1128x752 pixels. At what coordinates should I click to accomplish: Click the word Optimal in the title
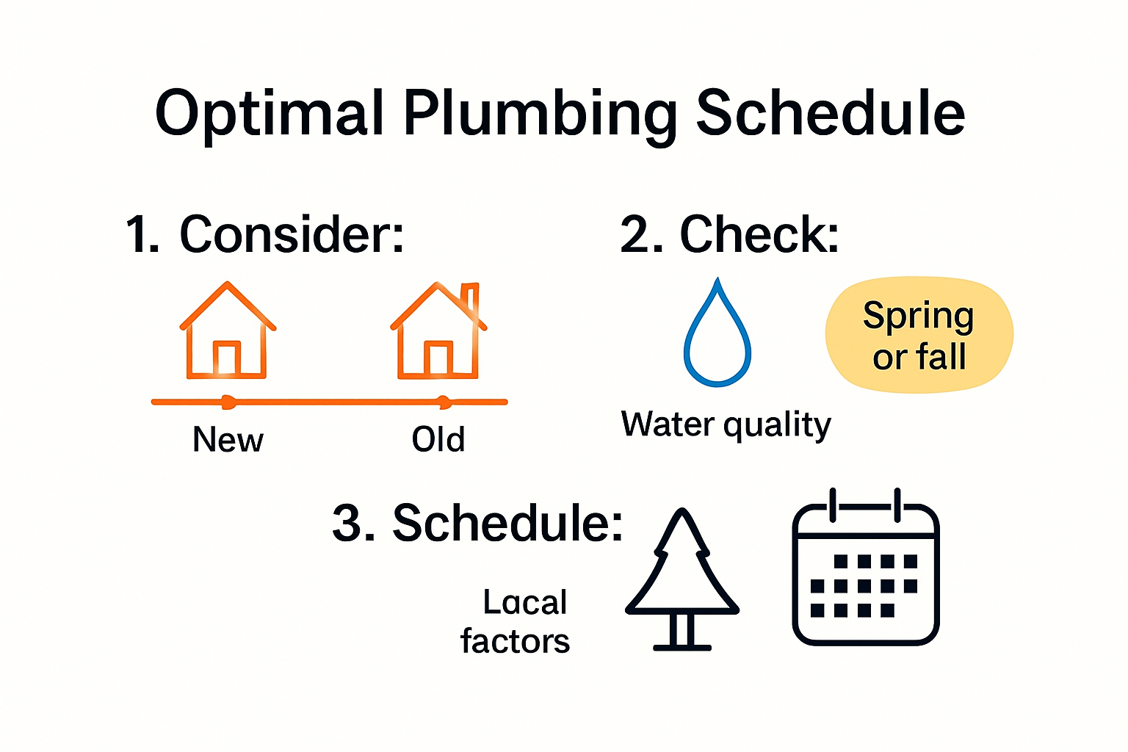[270, 114]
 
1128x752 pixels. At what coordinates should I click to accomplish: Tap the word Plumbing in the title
[540, 114]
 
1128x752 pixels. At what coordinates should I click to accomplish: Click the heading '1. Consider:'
[265, 235]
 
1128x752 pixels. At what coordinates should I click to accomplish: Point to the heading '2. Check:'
[729, 235]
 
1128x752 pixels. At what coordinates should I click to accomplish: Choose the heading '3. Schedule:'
[477, 524]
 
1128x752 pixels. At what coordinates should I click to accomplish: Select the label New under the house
[228, 440]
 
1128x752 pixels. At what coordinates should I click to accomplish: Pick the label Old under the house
[438, 440]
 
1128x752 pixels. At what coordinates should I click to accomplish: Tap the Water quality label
[726, 425]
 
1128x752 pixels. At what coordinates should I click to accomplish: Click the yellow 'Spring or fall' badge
[919, 336]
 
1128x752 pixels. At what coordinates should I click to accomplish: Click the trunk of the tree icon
[682, 630]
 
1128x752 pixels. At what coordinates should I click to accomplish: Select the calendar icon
[866, 569]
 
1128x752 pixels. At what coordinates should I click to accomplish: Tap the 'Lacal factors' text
[516, 622]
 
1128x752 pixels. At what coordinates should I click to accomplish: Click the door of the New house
[226, 360]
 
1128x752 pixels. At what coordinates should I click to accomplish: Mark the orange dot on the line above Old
[443, 402]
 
